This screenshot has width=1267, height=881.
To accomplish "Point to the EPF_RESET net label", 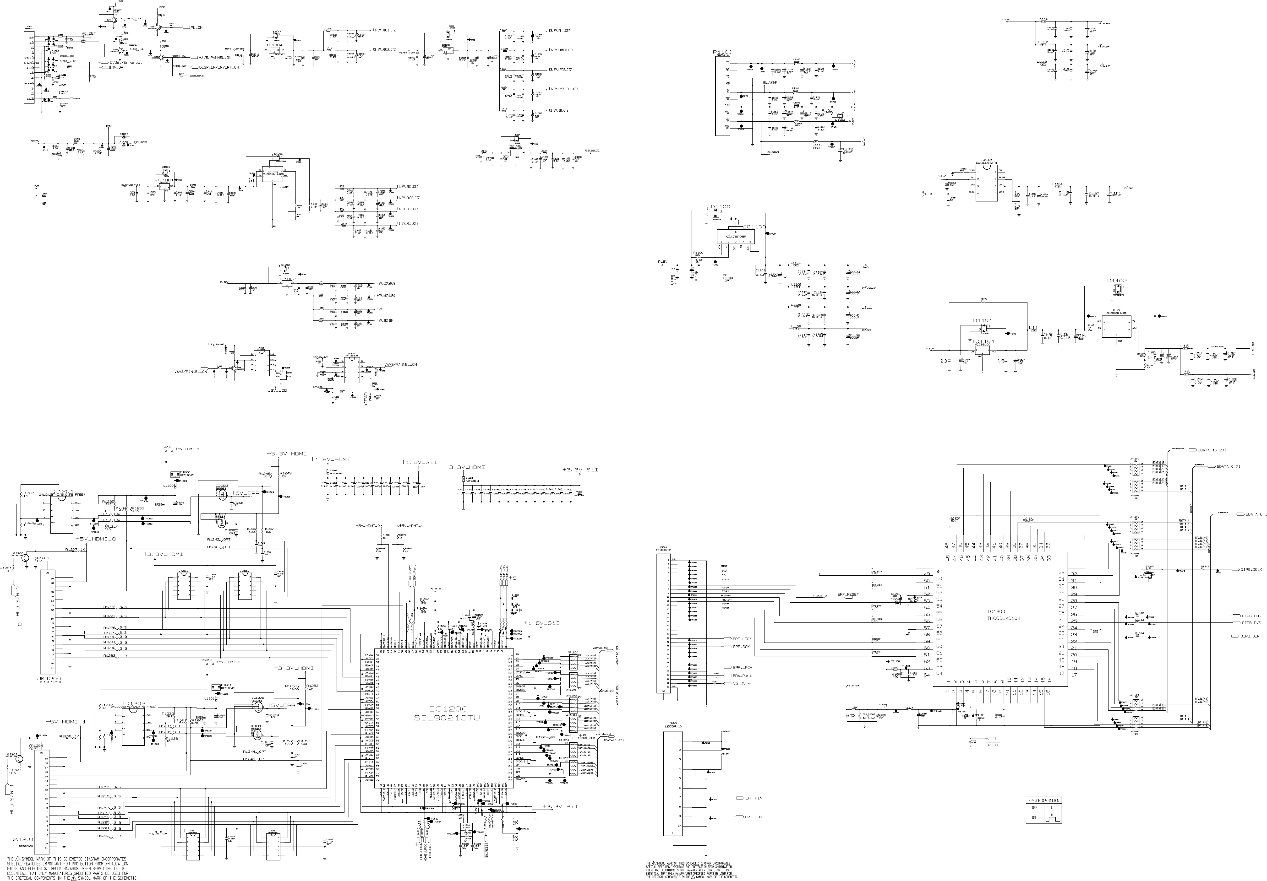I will [x=848, y=594].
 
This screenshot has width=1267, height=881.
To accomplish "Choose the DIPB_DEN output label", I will [x=1250, y=636].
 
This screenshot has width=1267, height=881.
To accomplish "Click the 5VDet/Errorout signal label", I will [x=126, y=62].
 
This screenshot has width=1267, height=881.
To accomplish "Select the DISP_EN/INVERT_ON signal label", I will [x=219, y=67].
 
